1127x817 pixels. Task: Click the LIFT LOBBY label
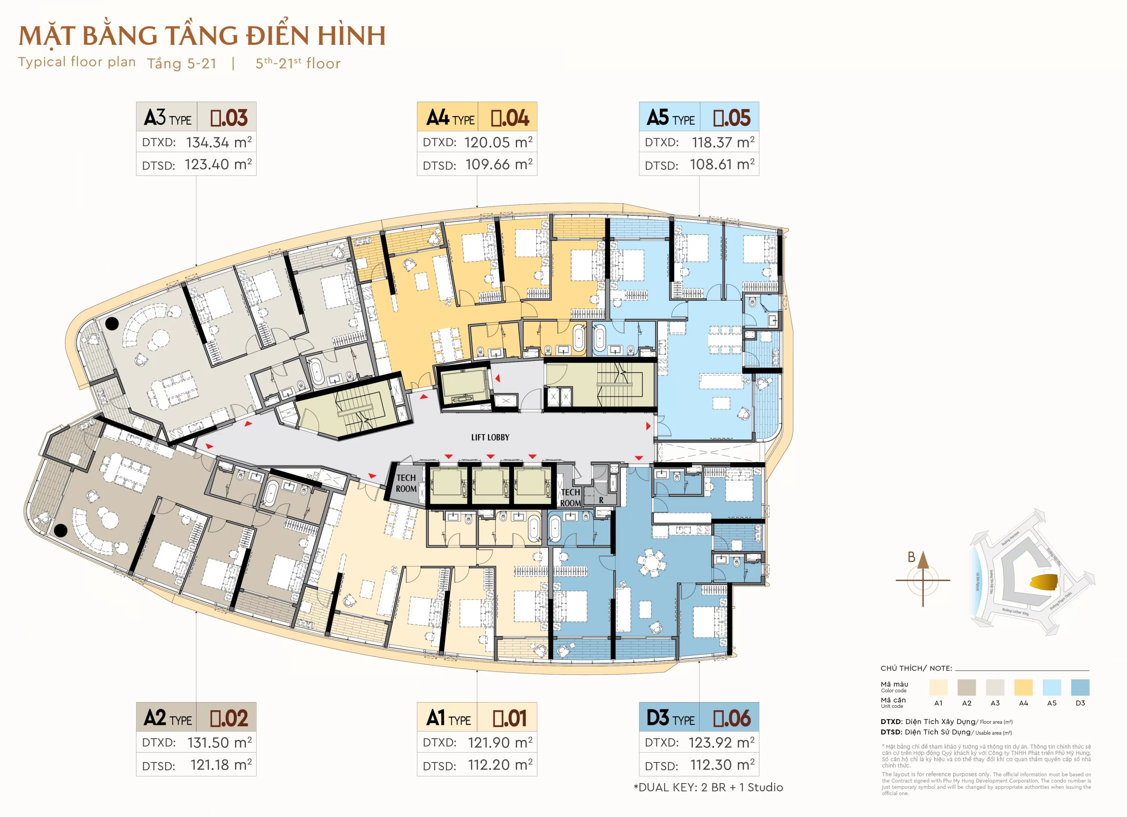(x=490, y=437)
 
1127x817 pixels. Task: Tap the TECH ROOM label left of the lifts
(x=406, y=483)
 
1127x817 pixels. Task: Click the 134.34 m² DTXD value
(x=219, y=142)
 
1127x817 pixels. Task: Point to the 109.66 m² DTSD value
(x=498, y=165)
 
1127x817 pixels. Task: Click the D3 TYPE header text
(x=670, y=718)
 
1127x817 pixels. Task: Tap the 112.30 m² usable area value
(x=722, y=765)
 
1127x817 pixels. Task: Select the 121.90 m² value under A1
(x=499, y=743)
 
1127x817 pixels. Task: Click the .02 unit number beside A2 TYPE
(x=228, y=718)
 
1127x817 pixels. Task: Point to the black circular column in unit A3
(x=112, y=324)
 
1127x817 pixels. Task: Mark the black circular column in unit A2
(x=61, y=531)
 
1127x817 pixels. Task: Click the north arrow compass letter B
(x=911, y=557)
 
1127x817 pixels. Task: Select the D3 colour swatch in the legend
(x=1080, y=687)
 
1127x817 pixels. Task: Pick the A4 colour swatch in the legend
(x=1023, y=687)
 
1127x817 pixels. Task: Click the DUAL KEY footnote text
(x=708, y=788)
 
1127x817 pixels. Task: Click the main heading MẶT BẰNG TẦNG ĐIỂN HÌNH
(x=202, y=36)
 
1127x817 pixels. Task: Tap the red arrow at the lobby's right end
(x=648, y=426)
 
